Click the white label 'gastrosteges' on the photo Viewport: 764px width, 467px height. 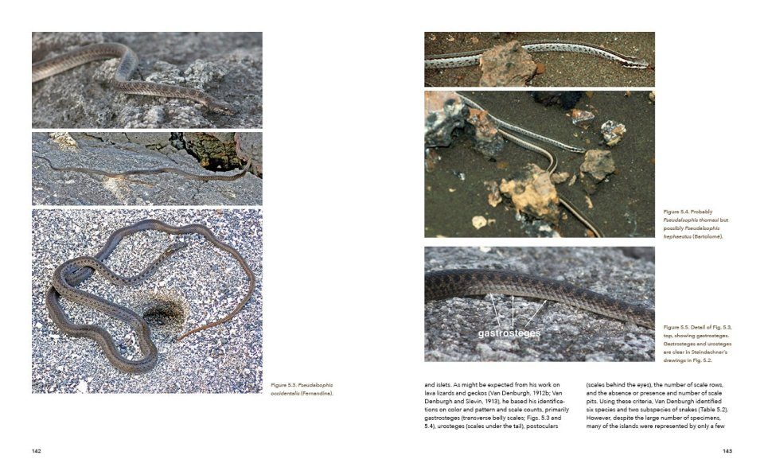509,333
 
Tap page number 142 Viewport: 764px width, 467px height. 37,451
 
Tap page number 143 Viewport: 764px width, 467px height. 727,451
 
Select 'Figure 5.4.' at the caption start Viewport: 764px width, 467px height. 676,212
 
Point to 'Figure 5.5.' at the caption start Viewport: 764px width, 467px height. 677,327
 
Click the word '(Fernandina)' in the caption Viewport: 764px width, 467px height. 316,393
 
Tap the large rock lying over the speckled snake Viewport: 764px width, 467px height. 507,64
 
